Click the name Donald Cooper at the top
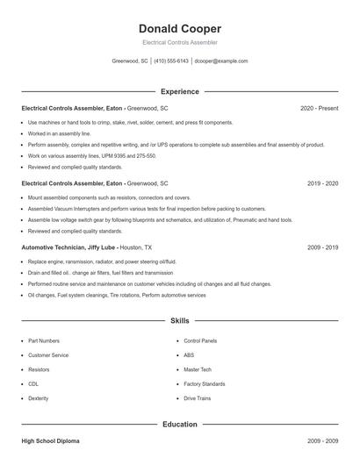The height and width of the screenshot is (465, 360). pyautogui.click(x=180, y=28)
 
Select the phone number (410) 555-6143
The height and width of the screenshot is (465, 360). pyautogui.click(x=171, y=61)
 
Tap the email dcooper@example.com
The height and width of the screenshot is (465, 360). pyautogui.click(x=220, y=61)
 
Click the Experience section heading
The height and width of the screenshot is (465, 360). pyautogui.click(x=180, y=91)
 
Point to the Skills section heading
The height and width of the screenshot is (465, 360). pyautogui.click(x=180, y=321)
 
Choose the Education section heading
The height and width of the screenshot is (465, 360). pyautogui.click(x=180, y=425)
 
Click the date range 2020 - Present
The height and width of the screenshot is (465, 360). pyautogui.click(x=319, y=108)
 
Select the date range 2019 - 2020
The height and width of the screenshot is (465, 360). pyautogui.click(x=322, y=183)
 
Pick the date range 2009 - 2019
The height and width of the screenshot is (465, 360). pyautogui.click(x=322, y=247)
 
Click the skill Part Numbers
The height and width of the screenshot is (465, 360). pyautogui.click(x=44, y=340)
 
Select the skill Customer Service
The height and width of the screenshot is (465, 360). pyautogui.click(x=48, y=355)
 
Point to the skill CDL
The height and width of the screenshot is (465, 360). pyautogui.click(x=33, y=384)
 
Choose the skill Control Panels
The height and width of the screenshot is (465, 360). pyautogui.click(x=200, y=340)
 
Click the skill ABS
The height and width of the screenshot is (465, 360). pyautogui.click(x=189, y=355)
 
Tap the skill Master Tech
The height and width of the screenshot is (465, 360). pyautogui.click(x=197, y=369)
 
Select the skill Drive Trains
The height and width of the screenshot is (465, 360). pyautogui.click(x=197, y=398)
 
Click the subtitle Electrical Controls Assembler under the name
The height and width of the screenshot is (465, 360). pyautogui.click(x=180, y=42)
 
